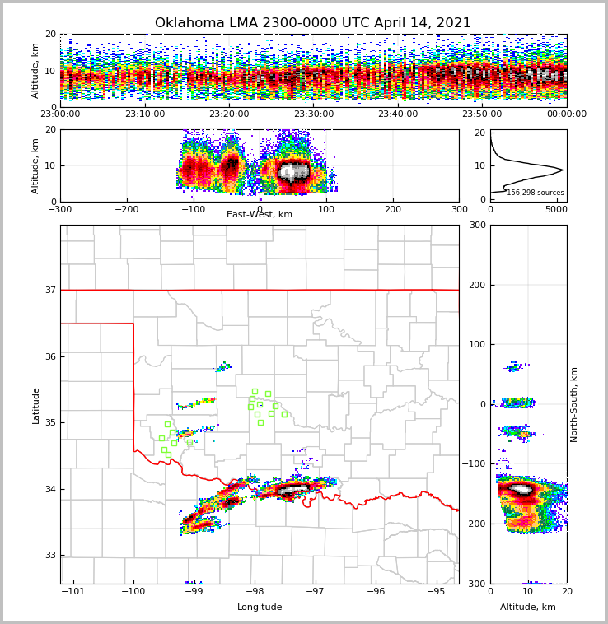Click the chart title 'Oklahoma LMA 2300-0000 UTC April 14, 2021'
pyautogui.click(x=313, y=23)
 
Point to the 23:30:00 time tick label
pyautogui.click(x=314, y=114)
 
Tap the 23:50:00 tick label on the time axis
pyautogui.click(x=482, y=114)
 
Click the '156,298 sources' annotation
pyautogui.click(x=535, y=193)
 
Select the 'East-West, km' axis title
pyautogui.click(x=260, y=215)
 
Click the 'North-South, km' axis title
pyautogui.click(x=574, y=404)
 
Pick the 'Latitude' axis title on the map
pyautogui.click(x=36, y=405)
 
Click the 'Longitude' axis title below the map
pyautogui.click(x=260, y=608)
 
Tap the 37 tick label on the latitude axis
pyautogui.click(x=50, y=290)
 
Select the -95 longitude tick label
pyautogui.click(x=436, y=591)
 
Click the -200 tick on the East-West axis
pyautogui.click(x=125, y=209)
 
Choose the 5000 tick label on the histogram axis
pyautogui.click(x=556, y=209)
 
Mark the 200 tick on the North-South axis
pyautogui.click(x=477, y=285)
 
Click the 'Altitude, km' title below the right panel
pyautogui.click(x=528, y=608)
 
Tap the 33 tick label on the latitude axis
pyautogui.click(x=50, y=555)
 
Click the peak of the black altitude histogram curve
pyautogui.click(x=563, y=170)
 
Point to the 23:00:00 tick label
pyautogui.click(x=61, y=114)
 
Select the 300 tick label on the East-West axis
pyautogui.click(x=458, y=209)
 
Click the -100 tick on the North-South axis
pyautogui.click(x=474, y=464)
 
